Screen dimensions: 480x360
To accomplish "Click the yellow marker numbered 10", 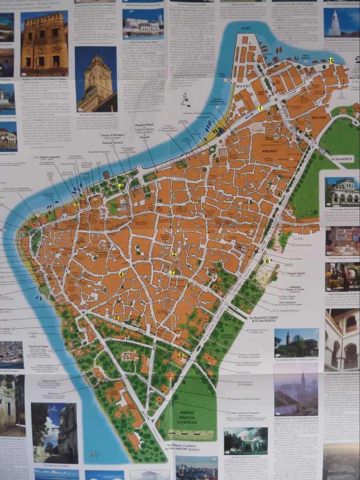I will pos(331,60).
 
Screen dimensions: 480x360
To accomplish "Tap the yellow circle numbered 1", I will pos(259,108).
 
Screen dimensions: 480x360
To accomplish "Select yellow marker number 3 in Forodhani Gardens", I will pos(121,185).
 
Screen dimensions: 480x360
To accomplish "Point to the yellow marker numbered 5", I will pos(76,204).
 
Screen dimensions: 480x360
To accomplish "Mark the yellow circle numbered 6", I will pos(267,261).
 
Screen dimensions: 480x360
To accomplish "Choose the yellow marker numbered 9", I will pos(180,355).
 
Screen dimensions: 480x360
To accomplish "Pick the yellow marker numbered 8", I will pos(116,317).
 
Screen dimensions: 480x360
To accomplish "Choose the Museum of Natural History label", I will pos(248,399).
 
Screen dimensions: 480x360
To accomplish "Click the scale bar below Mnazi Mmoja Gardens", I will pos(187,433).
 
